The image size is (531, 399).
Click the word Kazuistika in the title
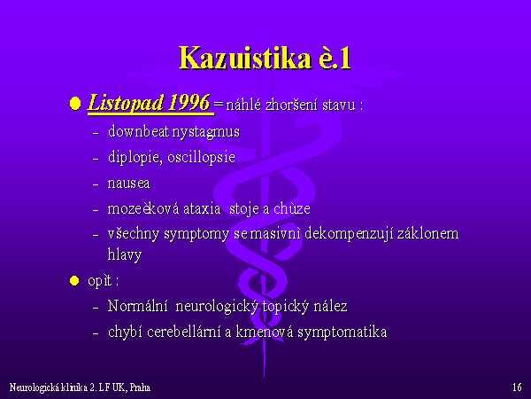point(245,58)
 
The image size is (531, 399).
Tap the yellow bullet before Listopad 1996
point(75,104)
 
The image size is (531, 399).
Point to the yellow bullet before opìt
point(74,280)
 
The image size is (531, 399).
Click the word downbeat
point(139,131)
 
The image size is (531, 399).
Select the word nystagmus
point(206,132)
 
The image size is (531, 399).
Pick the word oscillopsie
point(201,157)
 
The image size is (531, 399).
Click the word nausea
point(128,184)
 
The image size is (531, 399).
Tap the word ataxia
point(202,208)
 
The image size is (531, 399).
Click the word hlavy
point(124,254)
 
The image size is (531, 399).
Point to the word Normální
point(137,306)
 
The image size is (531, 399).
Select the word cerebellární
point(183,332)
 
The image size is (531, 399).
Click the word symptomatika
point(342,332)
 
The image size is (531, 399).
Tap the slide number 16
point(517,387)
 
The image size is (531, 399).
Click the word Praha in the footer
point(140,387)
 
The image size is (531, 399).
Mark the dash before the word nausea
point(96,184)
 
